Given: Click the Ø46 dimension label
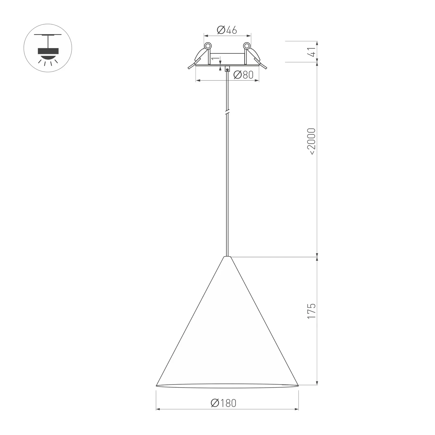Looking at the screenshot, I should click(227, 30).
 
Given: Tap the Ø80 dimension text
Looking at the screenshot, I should click(243, 75).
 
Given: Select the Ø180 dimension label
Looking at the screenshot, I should click(224, 403).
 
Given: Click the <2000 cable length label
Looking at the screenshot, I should click(311, 141).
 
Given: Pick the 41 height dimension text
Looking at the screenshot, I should click(313, 52).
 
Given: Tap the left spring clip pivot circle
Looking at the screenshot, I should click(208, 46).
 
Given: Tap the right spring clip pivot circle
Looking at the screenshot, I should click(247, 46).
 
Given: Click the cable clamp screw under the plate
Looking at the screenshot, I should click(227, 69).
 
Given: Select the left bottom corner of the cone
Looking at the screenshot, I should click(157, 386).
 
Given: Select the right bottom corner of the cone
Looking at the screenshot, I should click(298, 386).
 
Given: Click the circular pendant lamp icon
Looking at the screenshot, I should click(48, 48).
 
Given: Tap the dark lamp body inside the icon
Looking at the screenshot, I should click(48, 51).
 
